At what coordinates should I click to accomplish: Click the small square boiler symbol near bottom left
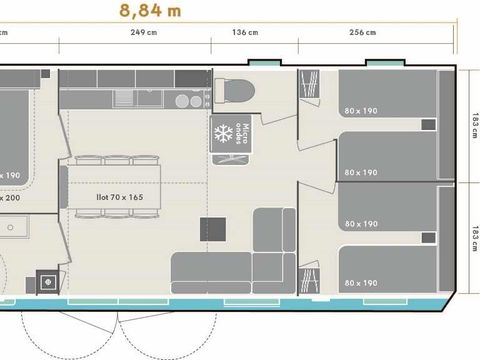pyautogui.click(x=45, y=280)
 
